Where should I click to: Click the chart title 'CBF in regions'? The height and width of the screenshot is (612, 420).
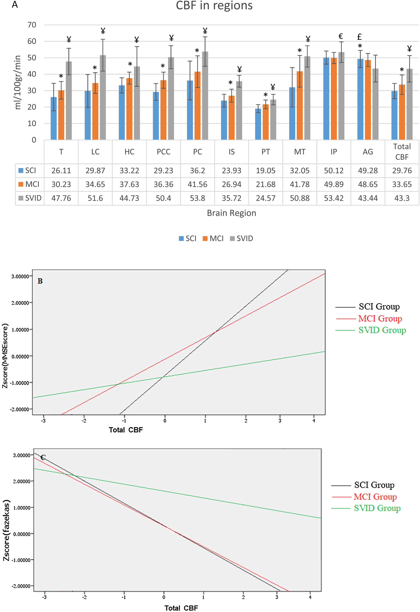pos(214,6)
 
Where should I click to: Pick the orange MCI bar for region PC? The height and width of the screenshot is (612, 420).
pos(197,105)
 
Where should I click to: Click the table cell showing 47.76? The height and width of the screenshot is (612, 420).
pos(61,198)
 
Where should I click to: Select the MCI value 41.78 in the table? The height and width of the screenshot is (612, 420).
pos(300,184)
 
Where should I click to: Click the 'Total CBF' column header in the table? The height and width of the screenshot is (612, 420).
pos(402,152)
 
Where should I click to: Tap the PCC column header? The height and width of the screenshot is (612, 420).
pos(163,152)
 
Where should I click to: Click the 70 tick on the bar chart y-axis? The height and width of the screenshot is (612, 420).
pos(32,25)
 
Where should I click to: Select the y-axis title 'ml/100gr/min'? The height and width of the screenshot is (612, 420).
pos(18,82)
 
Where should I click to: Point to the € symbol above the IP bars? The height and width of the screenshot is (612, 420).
pos(341,36)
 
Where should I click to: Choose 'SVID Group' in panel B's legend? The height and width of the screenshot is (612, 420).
pos(382,330)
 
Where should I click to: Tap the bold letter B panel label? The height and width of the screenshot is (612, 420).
pos(40,281)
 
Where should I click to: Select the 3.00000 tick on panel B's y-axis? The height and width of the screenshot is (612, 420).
pos(20,276)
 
